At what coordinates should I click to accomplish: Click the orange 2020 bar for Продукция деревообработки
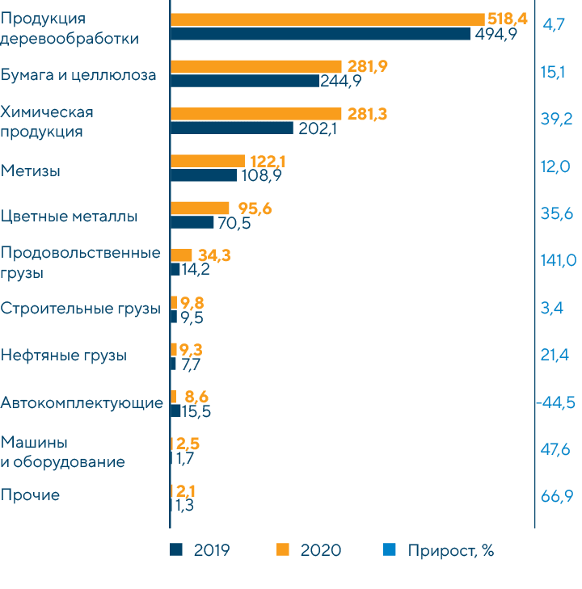click(327, 19)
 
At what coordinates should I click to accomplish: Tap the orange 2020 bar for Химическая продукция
click(256, 114)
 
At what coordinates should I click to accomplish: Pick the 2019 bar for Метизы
click(204, 175)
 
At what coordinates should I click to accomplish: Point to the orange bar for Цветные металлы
click(200, 208)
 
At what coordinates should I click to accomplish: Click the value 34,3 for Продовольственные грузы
click(214, 255)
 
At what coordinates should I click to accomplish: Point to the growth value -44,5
click(556, 403)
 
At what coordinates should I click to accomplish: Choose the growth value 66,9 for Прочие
click(557, 495)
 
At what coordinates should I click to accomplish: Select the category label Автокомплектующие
click(82, 402)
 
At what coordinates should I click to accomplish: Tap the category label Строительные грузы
click(81, 309)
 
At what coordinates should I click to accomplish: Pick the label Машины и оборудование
click(63, 452)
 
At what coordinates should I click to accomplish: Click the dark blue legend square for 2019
click(176, 550)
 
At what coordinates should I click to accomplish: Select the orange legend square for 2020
click(282, 550)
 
